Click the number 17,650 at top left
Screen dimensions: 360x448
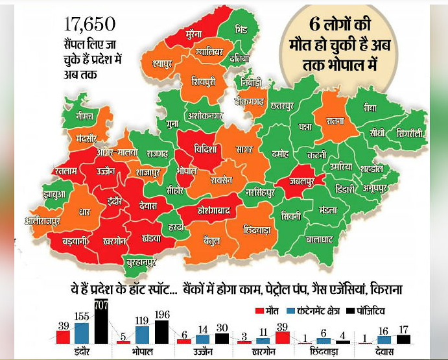click(89, 25)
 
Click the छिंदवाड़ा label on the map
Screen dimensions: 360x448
click(256, 230)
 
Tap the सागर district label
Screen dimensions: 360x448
click(244, 150)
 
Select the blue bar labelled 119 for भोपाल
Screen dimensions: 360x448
click(142, 335)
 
